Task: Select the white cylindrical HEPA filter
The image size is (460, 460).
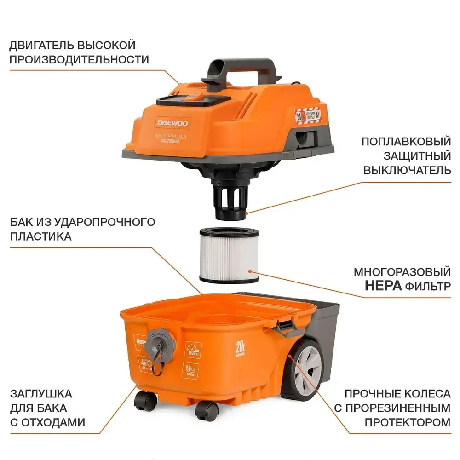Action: tap(229, 255)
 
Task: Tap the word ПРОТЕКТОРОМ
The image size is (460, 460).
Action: tap(408, 422)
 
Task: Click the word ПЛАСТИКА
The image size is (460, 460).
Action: tap(40, 236)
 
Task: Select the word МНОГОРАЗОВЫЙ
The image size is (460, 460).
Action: tap(402, 271)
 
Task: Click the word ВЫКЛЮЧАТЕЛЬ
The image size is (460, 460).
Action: tap(407, 170)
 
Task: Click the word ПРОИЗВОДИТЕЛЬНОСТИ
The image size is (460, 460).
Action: tap(79, 59)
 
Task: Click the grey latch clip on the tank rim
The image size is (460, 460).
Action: tap(284, 327)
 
